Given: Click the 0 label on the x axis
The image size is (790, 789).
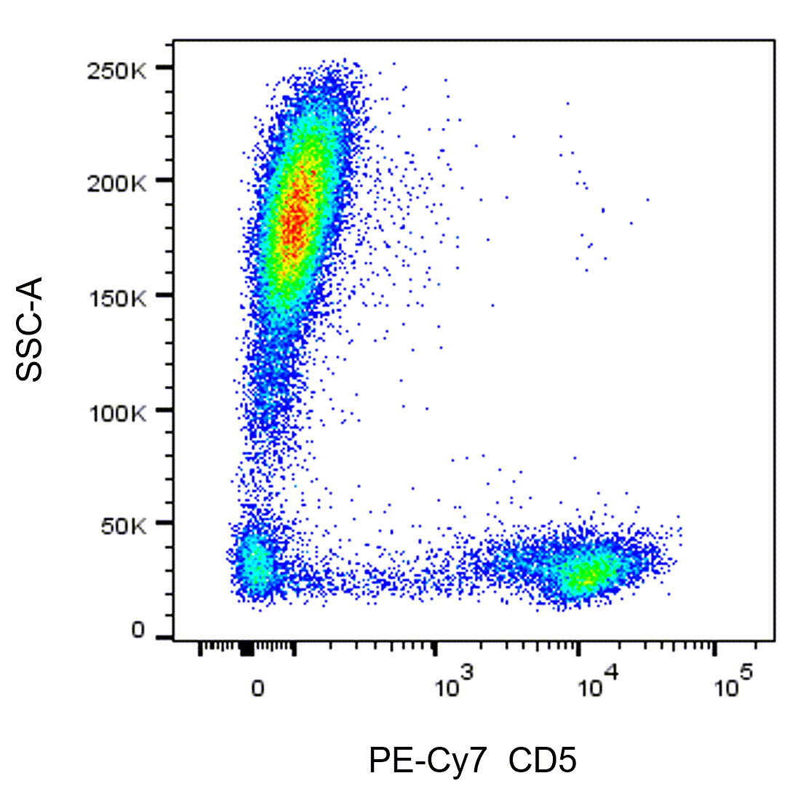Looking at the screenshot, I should (x=257, y=688).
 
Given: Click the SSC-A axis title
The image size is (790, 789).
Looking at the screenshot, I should (x=30, y=329).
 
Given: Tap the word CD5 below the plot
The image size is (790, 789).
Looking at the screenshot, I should (x=543, y=762).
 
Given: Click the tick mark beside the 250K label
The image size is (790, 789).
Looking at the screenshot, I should (x=165, y=68).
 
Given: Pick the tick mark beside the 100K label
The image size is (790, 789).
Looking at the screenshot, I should (x=165, y=409).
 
